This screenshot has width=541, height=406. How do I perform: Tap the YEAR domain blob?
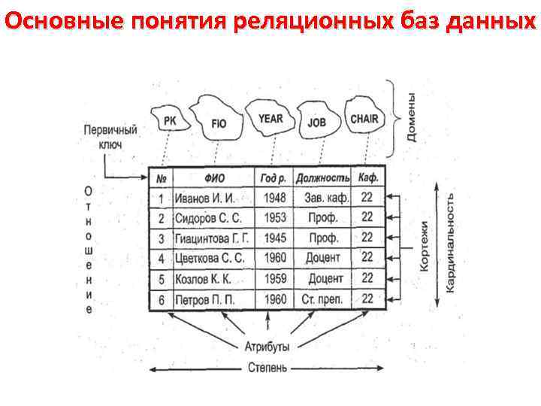tap(270, 118)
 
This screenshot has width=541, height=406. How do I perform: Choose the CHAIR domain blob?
tap(364, 118)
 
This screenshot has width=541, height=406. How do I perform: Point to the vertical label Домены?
tap(412, 117)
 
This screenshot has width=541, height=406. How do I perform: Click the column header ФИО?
tap(214, 178)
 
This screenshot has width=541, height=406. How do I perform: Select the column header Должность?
tap(323, 178)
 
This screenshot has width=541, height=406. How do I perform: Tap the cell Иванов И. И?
tap(205, 198)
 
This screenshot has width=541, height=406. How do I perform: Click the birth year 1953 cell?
tap(275, 218)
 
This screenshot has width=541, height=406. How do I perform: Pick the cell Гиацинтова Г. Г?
tap(212, 238)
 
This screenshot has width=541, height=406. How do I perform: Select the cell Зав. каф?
tap(325, 198)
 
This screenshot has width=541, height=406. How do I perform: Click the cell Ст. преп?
tap(323, 298)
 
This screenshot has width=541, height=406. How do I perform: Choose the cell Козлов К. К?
tap(203, 278)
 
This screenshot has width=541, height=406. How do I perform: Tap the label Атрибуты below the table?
tap(266, 347)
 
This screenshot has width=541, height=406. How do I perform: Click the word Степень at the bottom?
tap(266, 368)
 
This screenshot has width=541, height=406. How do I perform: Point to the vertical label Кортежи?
tap(425, 247)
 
